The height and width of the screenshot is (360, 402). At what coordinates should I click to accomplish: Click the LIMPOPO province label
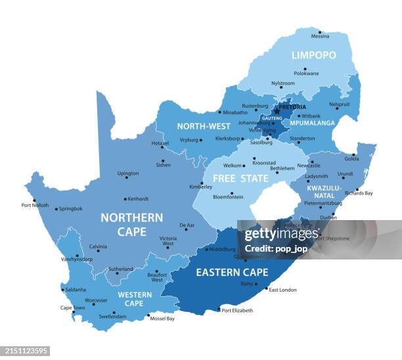point(313,55)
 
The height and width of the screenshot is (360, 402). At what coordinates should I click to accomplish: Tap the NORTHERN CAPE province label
point(131,224)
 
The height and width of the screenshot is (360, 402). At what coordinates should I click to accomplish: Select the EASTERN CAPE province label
point(232,272)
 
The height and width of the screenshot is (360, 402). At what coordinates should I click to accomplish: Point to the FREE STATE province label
point(240,178)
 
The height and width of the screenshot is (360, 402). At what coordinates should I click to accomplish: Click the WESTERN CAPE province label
point(134,299)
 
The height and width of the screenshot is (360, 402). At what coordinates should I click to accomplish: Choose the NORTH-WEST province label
point(203,126)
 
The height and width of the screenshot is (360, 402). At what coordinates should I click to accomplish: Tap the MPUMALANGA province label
point(313,123)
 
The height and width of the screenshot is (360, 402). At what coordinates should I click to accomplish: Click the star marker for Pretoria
point(276,111)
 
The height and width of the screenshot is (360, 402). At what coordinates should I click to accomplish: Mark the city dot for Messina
point(320,32)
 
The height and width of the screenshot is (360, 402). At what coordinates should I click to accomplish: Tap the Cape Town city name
point(72,307)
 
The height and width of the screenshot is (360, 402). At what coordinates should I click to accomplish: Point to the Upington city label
point(127,173)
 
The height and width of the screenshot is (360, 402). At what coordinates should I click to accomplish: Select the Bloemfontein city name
point(229,196)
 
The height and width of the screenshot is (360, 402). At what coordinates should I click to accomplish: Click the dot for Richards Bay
point(357,189)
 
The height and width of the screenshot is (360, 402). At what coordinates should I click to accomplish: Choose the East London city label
point(282,290)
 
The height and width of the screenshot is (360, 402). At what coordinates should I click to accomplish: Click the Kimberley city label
point(200,187)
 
